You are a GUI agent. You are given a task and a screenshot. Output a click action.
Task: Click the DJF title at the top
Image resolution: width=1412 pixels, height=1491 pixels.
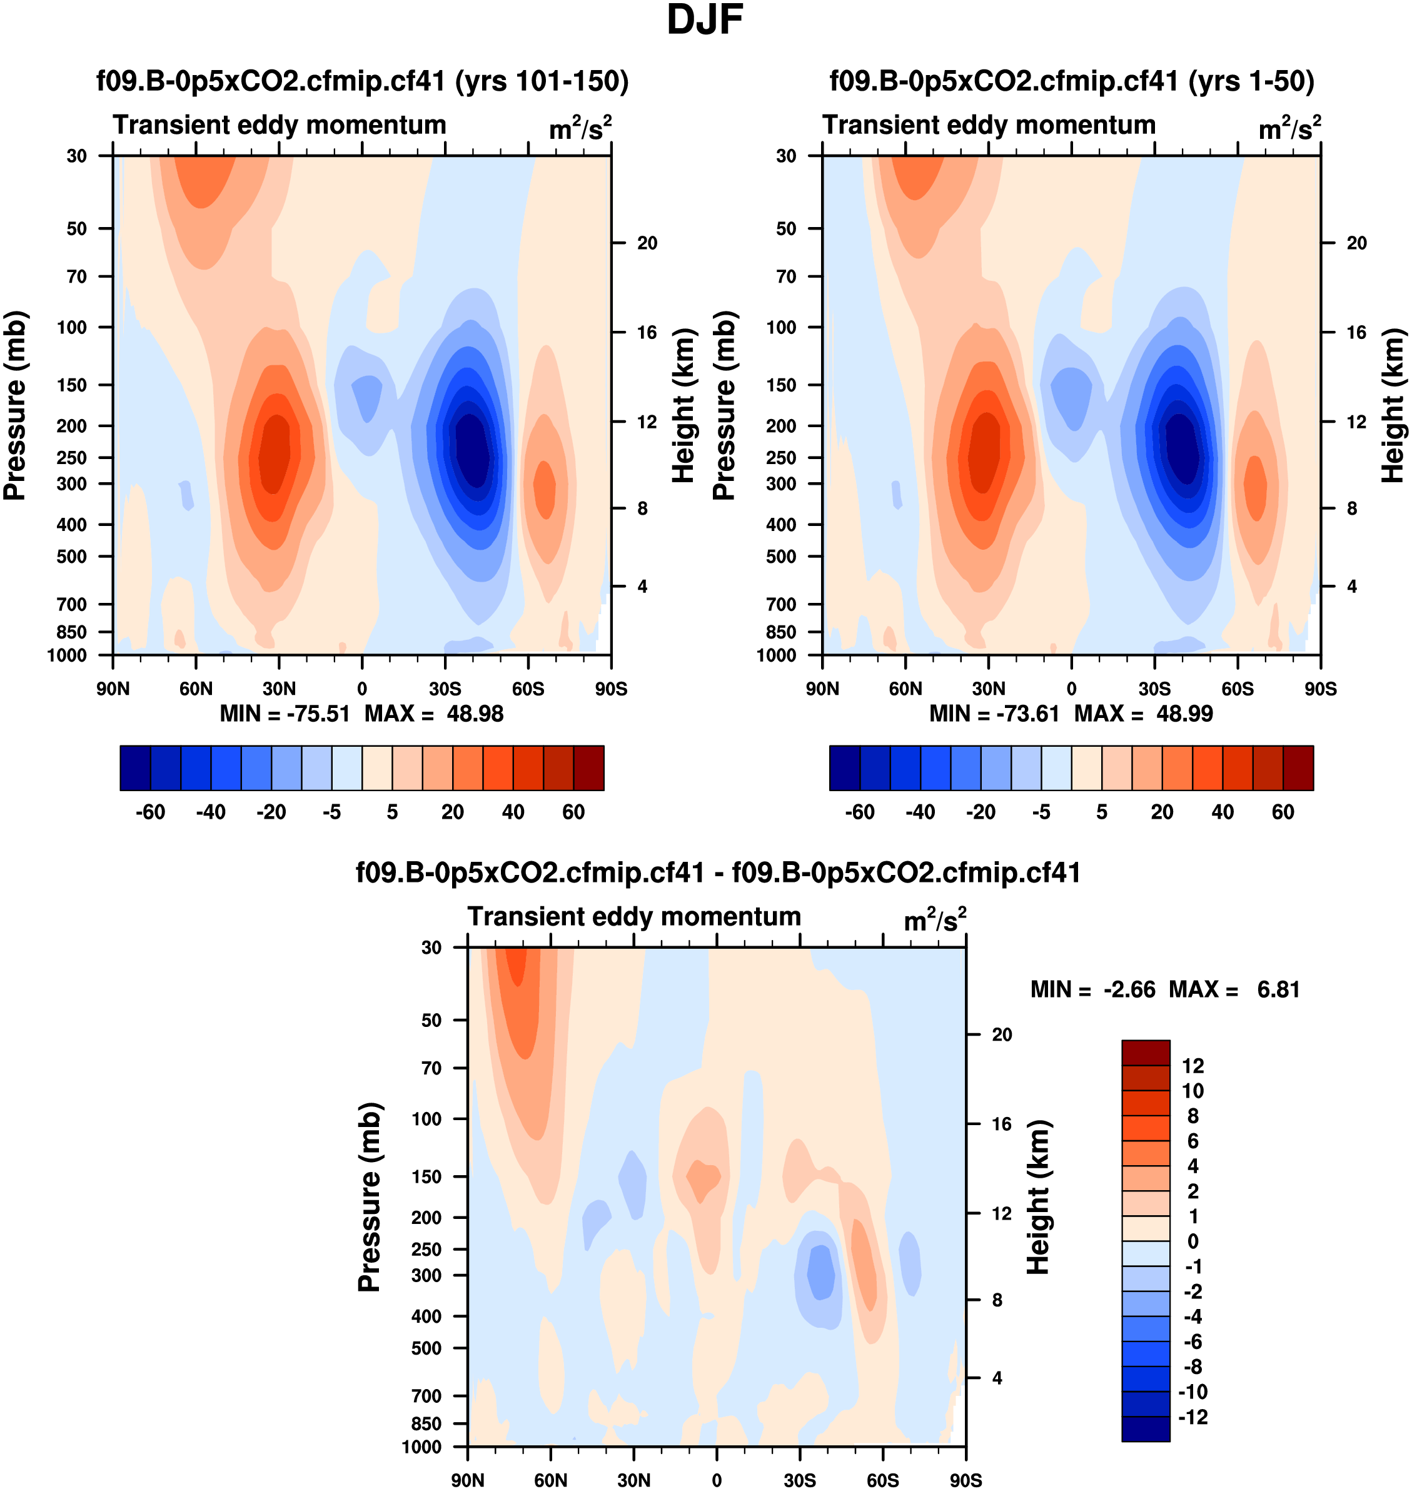tap(705, 20)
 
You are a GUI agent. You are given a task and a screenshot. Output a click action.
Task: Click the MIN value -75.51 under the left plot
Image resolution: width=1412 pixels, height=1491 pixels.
tap(318, 714)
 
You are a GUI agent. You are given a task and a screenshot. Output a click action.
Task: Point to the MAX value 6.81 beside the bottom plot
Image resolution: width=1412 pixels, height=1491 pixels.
tap(1278, 989)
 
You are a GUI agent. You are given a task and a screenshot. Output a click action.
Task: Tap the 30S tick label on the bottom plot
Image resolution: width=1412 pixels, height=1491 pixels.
tap(799, 1480)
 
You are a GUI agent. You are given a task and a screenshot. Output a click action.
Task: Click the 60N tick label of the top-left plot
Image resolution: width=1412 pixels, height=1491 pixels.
tap(196, 689)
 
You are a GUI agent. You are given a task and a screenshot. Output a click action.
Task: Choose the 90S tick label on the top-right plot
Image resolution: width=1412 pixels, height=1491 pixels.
tap(1320, 689)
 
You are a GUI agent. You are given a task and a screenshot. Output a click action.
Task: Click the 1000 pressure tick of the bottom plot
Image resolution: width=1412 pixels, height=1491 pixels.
tap(421, 1447)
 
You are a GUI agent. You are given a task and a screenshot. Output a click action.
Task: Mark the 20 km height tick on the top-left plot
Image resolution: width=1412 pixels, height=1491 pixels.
tap(647, 243)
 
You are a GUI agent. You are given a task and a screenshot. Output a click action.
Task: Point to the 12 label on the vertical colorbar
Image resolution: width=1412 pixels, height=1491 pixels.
tap(1193, 1066)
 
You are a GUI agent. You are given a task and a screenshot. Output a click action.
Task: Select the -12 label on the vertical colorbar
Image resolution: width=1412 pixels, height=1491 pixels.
tap(1193, 1417)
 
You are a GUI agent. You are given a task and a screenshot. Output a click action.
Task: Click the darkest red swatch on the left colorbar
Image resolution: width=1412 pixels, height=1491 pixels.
tap(588, 768)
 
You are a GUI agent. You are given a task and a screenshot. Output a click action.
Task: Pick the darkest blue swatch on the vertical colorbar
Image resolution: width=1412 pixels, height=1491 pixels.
tap(1145, 1428)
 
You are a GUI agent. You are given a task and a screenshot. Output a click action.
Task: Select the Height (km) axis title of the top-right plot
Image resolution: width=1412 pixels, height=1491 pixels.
tap(1393, 405)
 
